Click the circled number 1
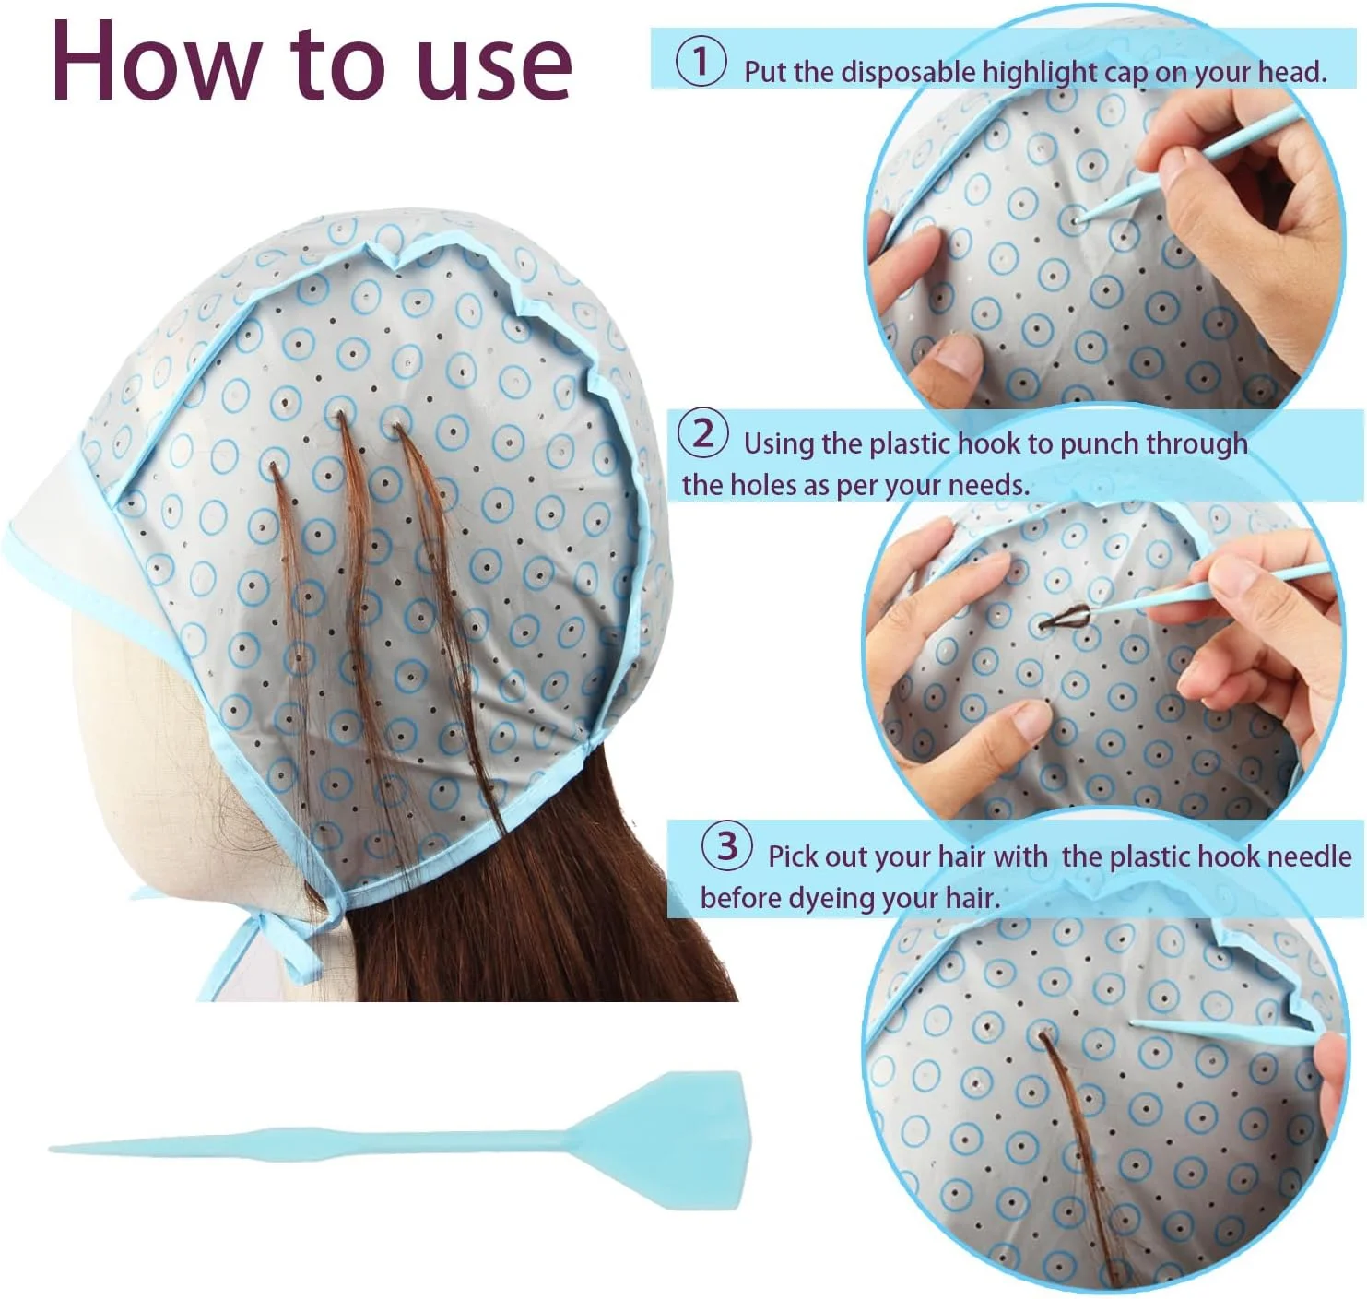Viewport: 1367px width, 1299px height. pyautogui.click(x=701, y=62)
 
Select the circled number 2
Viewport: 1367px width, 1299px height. pyautogui.click(x=703, y=433)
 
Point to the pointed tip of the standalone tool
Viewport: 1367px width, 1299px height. pyautogui.click(x=52, y=1149)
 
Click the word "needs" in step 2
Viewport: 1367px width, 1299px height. pyautogui.click(x=987, y=485)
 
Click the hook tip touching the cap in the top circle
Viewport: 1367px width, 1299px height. pyautogui.click(x=1077, y=219)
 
